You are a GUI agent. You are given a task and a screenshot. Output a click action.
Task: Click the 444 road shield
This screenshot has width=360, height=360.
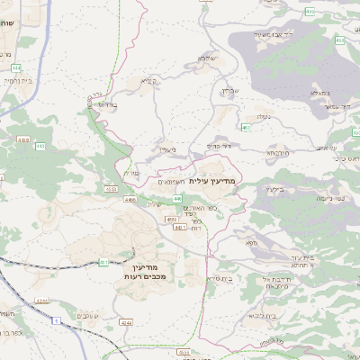coord(17,67)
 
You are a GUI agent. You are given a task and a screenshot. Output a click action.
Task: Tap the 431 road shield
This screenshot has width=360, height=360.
coord(104,262)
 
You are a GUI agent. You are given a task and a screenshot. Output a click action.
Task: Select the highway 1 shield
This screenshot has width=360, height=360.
coord(57,321)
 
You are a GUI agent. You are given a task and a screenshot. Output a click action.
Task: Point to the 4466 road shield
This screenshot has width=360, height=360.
coord(130,200)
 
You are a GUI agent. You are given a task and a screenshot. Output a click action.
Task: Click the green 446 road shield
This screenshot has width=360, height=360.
coord(177,198)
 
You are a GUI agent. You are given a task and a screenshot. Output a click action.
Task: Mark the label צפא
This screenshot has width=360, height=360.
coord(250,242)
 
